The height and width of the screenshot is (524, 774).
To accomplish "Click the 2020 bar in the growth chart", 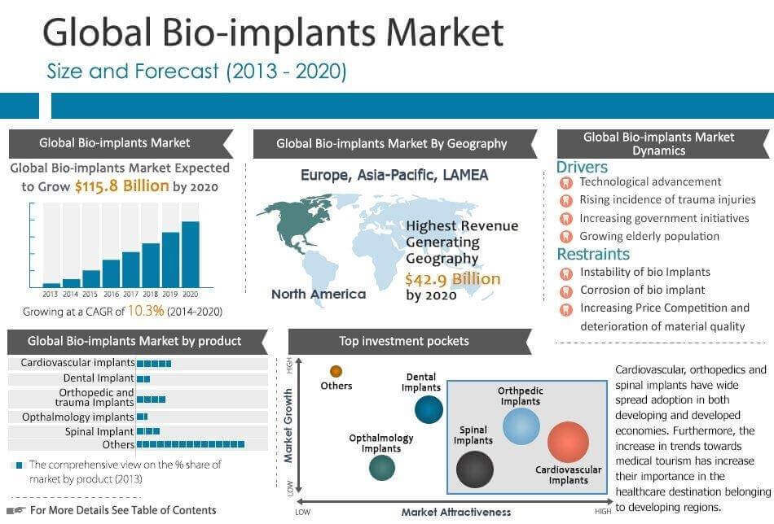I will tap(190, 254).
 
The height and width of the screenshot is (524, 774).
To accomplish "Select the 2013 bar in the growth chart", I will tap(51, 284).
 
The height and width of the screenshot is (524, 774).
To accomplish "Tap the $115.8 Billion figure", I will tap(122, 186).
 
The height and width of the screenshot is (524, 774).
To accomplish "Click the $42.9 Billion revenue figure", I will tap(453, 278).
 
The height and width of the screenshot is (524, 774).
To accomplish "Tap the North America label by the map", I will tap(319, 295).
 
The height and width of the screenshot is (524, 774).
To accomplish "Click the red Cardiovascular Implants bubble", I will tap(568, 442).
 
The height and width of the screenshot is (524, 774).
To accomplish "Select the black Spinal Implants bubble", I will tap(474, 469).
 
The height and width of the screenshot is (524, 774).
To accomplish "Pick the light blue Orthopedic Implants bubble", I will tap(521, 426).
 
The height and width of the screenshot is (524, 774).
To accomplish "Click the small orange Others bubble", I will tap(336, 372).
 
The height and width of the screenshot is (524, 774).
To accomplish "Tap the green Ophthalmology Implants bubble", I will tap(381, 467).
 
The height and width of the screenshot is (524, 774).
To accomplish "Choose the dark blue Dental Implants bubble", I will tap(429, 409).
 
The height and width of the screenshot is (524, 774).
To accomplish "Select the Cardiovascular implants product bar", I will tap(154, 364).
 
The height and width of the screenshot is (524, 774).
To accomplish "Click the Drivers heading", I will tap(582, 167).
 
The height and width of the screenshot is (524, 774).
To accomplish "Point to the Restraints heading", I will tap(593, 255).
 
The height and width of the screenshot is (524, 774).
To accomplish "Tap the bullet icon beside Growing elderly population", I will tap(565, 237).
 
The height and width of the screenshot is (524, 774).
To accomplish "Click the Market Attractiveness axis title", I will tap(455, 512).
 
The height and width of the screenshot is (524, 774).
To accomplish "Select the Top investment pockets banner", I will tap(403, 342).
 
